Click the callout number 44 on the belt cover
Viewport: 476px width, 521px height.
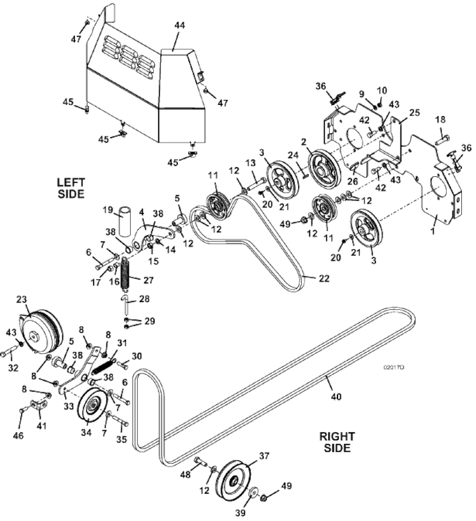(x=179, y=25)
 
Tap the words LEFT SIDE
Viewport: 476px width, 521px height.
(x=71, y=187)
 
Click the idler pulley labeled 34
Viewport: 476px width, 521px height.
(x=90, y=411)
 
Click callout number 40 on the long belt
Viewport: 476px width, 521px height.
(x=336, y=397)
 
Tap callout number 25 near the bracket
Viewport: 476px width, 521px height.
(x=414, y=113)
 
